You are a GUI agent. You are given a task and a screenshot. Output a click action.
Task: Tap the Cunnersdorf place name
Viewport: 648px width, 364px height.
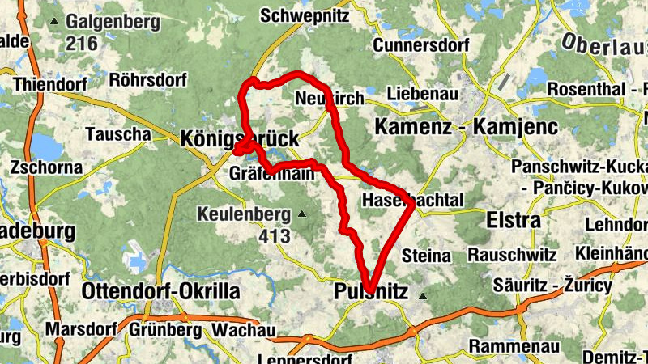[421, 45]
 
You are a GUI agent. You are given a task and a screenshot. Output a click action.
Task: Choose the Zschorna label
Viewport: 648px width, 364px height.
[47, 167]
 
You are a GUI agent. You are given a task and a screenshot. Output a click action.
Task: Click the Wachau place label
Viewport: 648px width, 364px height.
[244, 331]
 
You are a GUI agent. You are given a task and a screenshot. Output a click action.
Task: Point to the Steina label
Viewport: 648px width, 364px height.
[426, 256]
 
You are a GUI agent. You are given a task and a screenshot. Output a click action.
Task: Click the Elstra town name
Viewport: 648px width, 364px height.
[513, 220]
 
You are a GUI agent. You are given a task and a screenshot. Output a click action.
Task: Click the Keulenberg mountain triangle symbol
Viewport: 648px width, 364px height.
[302, 214]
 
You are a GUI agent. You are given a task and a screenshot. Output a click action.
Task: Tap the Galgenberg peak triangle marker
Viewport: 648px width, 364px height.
[55, 21]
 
